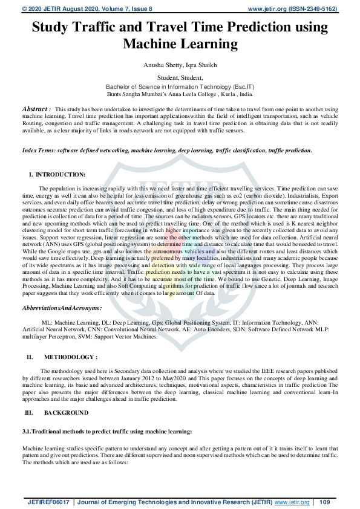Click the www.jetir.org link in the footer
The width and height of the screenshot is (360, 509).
click(292, 502)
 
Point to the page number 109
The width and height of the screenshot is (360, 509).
click(324, 502)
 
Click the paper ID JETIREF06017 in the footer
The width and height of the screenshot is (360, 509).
click(49, 502)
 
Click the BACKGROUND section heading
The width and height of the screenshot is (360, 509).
click(66, 412)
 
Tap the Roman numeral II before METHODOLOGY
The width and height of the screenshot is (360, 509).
click(29, 357)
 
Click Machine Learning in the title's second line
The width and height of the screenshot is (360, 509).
click(180, 44)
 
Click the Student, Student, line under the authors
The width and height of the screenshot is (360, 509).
click(180, 77)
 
